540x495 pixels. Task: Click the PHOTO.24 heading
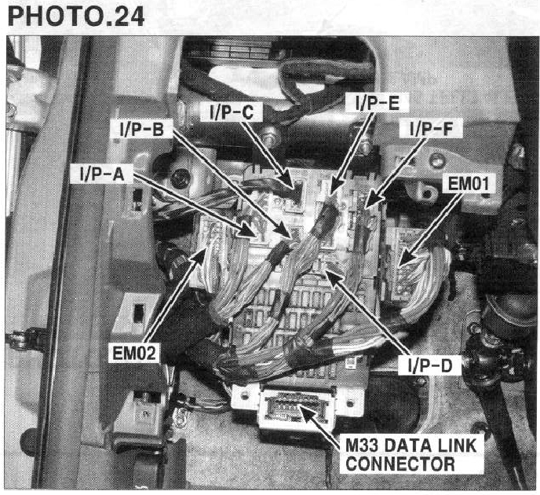(x=76, y=16)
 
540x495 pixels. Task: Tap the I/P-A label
(x=101, y=174)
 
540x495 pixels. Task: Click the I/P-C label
(x=232, y=112)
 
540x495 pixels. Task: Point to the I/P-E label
(x=378, y=102)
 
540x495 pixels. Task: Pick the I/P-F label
(x=431, y=128)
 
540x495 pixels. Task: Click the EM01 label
(x=469, y=183)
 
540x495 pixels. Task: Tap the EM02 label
(x=134, y=353)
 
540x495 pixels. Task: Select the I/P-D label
(x=430, y=365)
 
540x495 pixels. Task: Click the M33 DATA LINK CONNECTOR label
(x=410, y=454)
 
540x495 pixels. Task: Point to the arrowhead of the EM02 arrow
(x=198, y=255)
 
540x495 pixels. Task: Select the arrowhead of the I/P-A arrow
(x=249, y=231)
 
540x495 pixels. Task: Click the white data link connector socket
(x=296, y=408)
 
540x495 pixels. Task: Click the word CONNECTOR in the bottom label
(x=400, y=464)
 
